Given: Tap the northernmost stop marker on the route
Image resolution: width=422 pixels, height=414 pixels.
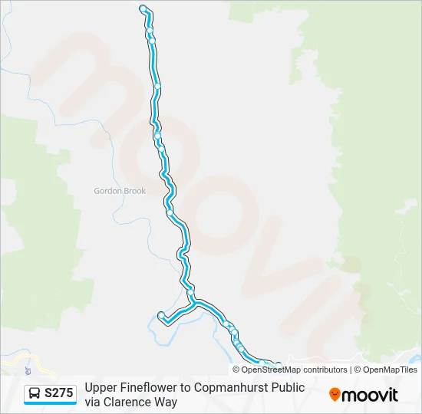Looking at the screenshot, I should point(143,8).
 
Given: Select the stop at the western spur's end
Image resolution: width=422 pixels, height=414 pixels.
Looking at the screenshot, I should point(160,314).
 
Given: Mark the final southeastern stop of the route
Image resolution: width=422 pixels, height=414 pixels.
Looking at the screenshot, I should point(278,365).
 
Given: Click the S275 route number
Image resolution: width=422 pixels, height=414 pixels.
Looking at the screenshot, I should point(59,393).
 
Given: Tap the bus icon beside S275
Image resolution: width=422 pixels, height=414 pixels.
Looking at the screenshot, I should point(35,394).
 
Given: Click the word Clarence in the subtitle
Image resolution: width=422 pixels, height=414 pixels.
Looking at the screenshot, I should point(128,402).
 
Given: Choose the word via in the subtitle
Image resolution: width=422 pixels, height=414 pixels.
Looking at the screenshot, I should point(94,402).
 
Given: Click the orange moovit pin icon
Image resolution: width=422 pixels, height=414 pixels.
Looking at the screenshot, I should point(335,394).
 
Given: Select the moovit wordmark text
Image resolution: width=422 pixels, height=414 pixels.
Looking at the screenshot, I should point(370,395).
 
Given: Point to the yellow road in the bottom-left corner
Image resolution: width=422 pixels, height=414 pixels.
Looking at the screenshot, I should point(15,357).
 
